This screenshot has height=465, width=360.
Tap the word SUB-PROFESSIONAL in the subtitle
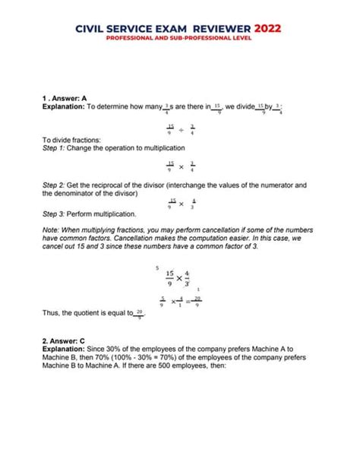click(x=202, y=38)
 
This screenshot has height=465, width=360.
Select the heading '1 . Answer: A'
click(x=65, y=99)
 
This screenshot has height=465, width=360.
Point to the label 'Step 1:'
click(x=55, y=150)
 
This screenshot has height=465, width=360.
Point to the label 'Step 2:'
click(x=55, y=185)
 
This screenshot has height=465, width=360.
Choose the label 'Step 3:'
click(x=55, y=214)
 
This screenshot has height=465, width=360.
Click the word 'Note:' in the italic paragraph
click(x=53, y=229)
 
